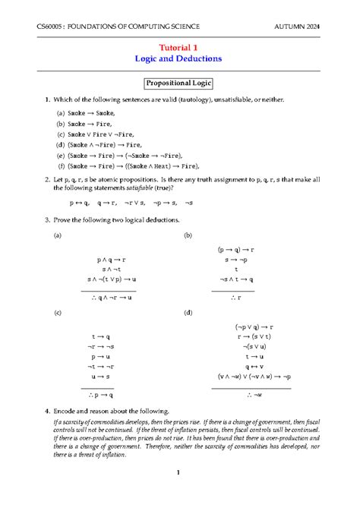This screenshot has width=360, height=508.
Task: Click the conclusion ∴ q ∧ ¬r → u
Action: coord(109,298)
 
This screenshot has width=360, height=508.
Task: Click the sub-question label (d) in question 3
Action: coord(188,312)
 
